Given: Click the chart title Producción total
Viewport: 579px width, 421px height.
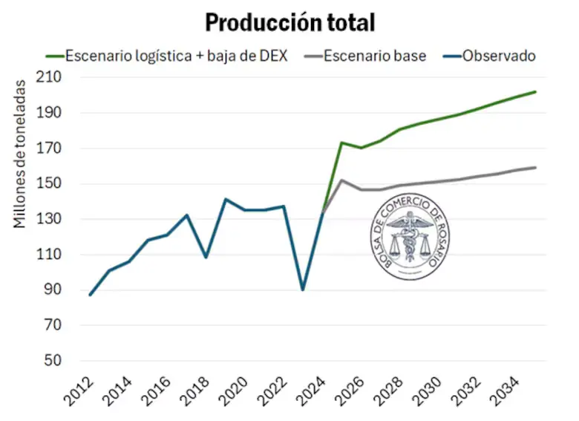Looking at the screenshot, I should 289,22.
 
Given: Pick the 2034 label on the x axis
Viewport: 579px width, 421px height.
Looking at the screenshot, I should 508,391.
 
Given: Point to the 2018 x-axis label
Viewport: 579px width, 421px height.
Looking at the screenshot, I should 200,391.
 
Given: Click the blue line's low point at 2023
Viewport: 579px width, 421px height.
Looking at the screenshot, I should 303,289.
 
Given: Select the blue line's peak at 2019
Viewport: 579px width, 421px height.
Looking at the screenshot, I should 226,199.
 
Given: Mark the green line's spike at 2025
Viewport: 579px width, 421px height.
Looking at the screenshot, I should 341,143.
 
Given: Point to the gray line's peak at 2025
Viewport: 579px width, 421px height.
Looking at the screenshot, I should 341,180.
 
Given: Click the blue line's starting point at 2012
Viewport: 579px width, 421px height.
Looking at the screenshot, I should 91,295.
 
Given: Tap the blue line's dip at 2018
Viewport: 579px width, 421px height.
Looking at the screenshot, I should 206,257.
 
